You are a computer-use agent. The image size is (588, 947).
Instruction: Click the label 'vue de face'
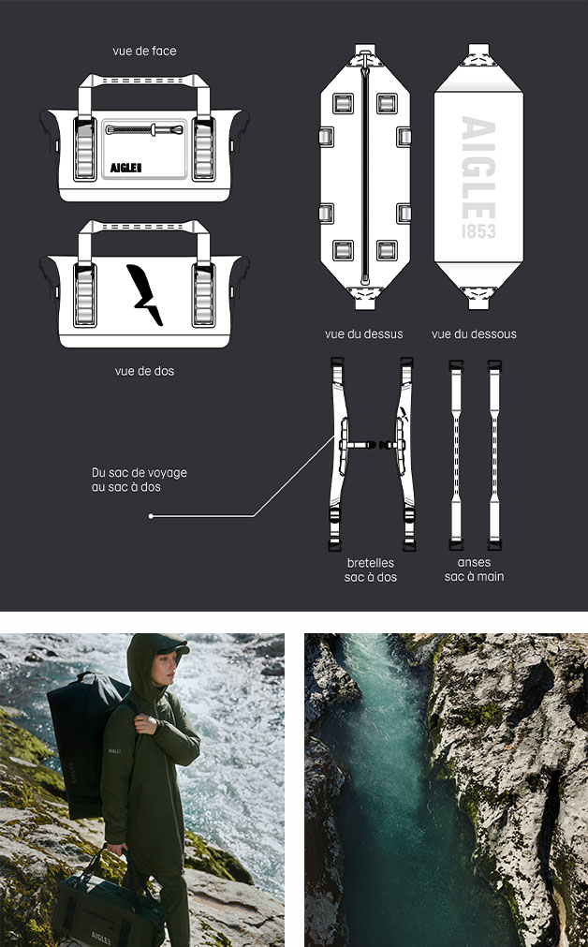click(144, 52)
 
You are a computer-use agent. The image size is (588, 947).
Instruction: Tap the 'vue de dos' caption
click(144, 371)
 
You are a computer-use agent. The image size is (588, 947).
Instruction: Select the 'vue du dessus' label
click(363, 334)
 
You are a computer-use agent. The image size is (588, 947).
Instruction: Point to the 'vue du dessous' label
click(474, 334)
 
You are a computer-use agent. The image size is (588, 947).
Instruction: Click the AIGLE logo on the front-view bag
click(125, 168)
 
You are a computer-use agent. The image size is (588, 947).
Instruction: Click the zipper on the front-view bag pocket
click(144, 129)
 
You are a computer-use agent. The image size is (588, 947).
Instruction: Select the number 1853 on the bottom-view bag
click(478, 231)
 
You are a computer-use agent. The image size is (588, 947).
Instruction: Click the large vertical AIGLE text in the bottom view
click(478, 169)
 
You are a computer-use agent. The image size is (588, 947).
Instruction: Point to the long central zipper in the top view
click(364, 175)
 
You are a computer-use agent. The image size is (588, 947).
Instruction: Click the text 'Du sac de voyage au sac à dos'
click(140, 480)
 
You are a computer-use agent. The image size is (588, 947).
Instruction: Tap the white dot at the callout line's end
click(151, 516)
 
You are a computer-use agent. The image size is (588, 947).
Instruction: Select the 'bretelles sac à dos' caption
click(371, 570)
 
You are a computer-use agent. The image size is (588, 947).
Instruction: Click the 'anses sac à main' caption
click(474, 570)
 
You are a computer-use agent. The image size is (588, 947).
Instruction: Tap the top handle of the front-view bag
click(144, 79)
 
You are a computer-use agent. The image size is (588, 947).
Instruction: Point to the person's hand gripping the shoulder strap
click(145, 722)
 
